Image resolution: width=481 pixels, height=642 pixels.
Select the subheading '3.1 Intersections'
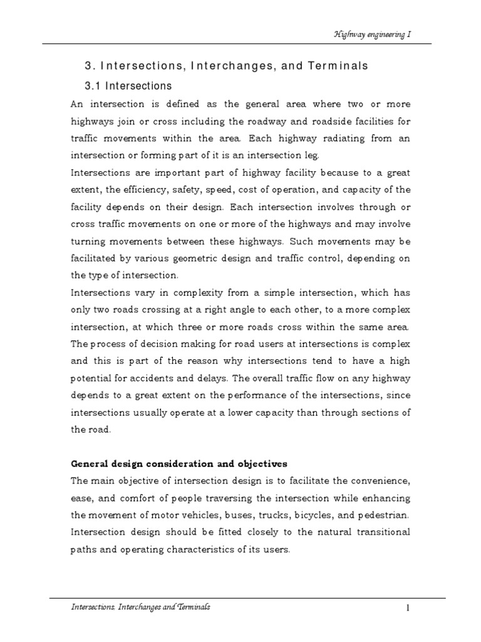(x=128, y=85)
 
